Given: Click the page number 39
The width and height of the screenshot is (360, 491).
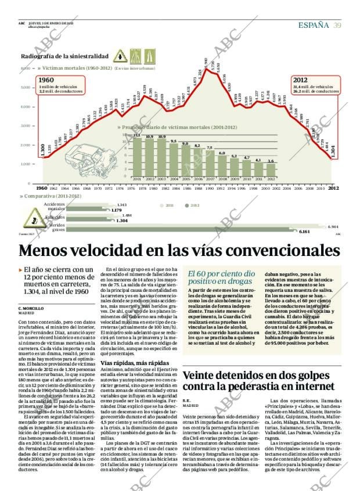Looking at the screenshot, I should (337, 24).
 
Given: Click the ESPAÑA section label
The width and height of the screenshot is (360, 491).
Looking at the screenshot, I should (314, 24).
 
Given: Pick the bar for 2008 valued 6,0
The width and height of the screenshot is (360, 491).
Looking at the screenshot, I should (222, 164).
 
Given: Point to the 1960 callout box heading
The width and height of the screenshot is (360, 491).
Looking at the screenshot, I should (46, 80).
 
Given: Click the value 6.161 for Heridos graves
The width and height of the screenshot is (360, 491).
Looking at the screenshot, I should (305, 232).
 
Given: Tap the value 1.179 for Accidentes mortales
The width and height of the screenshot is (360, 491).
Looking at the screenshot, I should (124, 210).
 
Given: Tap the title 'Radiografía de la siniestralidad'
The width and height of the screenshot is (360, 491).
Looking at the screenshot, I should (64, 56).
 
